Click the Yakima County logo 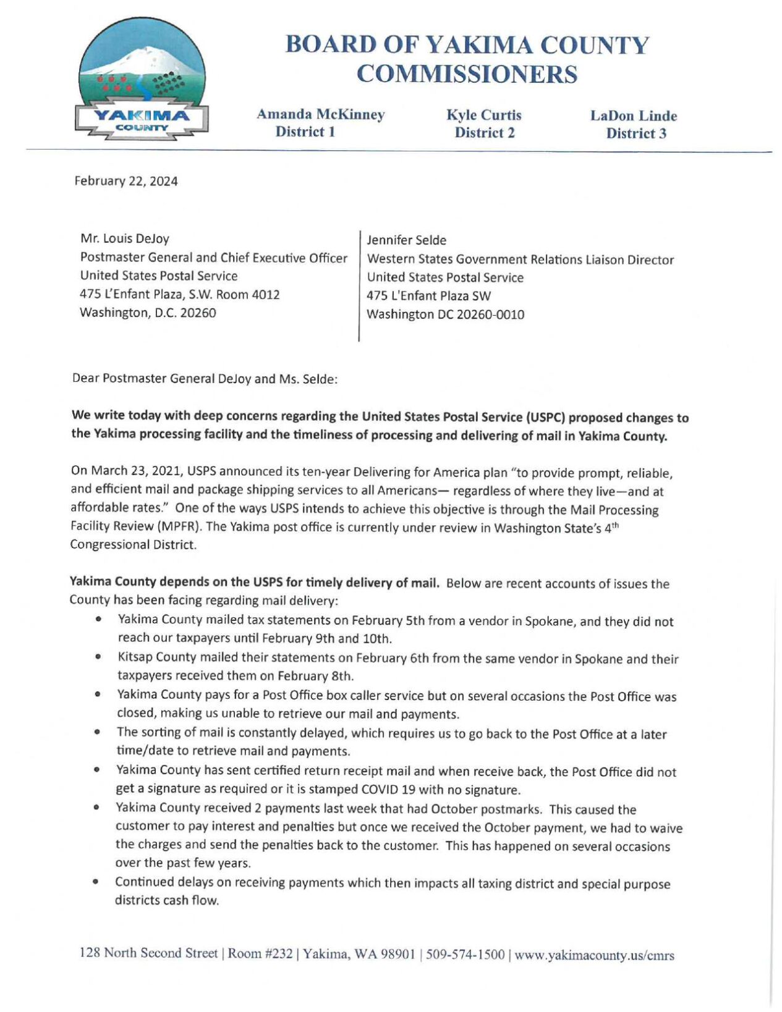[x=142, y=79]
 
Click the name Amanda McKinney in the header [x=320, y=114]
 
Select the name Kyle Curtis [x=484, y=115]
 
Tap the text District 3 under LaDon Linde [x=635, y=133]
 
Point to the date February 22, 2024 [x=126, y=181]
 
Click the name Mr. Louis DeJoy [x=125, y=238]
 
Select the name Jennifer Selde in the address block [x=406, y=240]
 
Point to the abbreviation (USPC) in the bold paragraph [x=545, y=417]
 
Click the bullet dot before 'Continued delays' [x=97, y=882]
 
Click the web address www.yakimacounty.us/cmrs [x=594, y=955]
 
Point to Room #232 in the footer [x=260, y=953]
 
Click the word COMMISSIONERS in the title [x=467, y=75]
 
